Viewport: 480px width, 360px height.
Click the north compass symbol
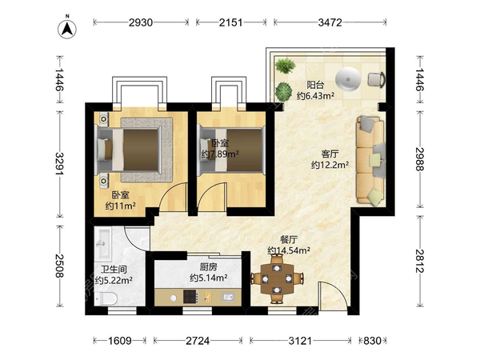[x=67, y=29]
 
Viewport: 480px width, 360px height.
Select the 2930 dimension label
[x=141, y=22]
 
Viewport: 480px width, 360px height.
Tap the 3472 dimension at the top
[x=330, y=22]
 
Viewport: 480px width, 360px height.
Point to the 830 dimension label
[x=372, y=341]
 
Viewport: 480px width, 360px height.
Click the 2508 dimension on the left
[x=60, y=266]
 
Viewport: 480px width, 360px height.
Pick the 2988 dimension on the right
[x=420, y=159]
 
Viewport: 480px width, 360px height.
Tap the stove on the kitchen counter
[x=191, y=297]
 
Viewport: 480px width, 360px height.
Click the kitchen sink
[x=228, y=297]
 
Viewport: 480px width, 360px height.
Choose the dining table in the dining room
[x=277, y=278]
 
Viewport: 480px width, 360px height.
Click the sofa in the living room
[x=370, y=160]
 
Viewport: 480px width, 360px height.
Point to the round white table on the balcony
[x=348, y=79]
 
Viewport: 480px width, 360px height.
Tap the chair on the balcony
[x=376, y=79]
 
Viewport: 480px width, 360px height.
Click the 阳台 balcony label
[x=315, y=85]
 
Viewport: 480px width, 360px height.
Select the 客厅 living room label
[x=330, y=154]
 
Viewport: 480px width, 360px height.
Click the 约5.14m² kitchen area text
[x=209, y=278]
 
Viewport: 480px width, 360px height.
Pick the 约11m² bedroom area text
[x=121, y=206]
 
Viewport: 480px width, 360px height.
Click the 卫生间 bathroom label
[x=114, y=270]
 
